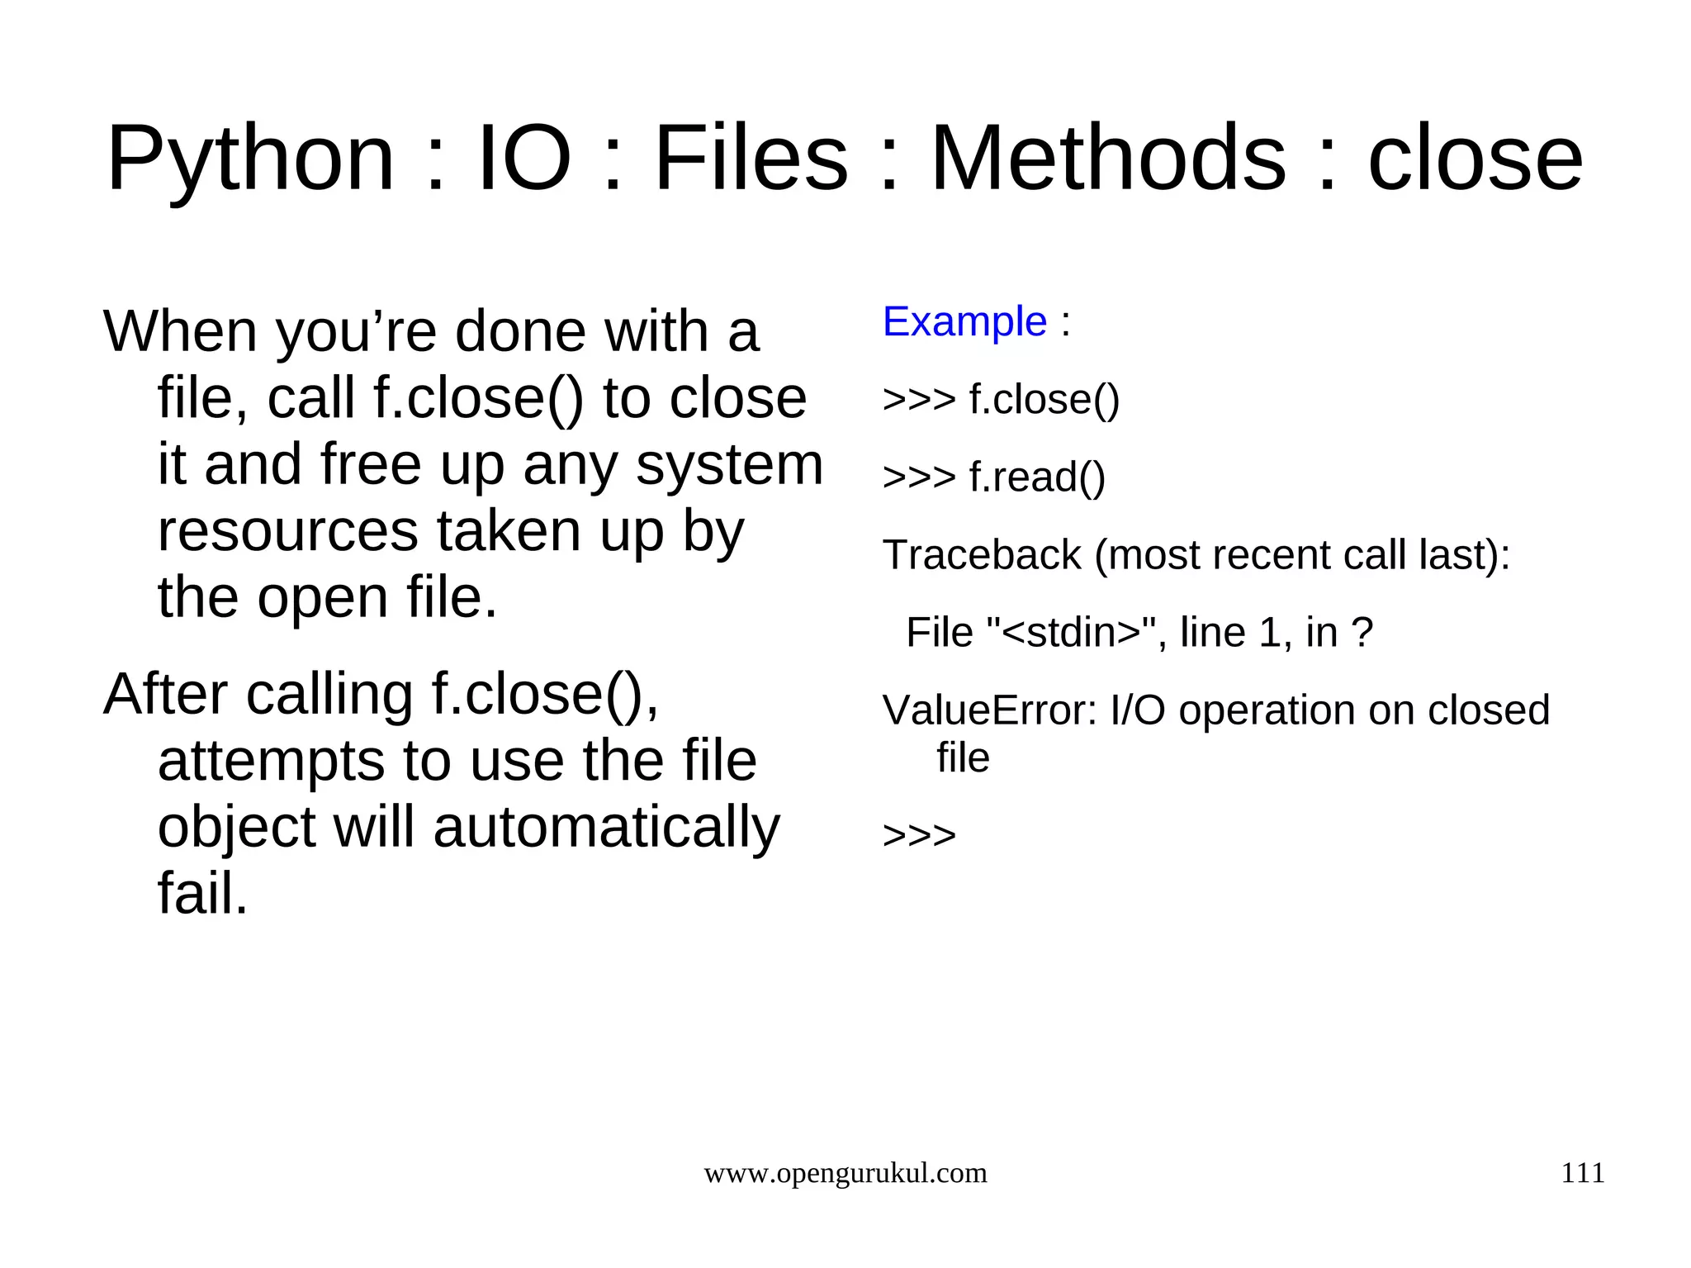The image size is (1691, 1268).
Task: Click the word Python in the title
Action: [250, 159]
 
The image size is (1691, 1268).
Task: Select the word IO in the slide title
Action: [524, 159]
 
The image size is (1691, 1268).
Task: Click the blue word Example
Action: [964, 321]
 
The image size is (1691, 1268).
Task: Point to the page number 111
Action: [1582, 1173]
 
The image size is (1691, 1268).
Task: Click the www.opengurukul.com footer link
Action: [845, 1173]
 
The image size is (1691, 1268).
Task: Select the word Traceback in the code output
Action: [981, 554]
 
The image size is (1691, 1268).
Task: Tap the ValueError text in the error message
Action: [989, 710]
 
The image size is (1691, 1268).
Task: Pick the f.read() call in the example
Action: [1036, 477]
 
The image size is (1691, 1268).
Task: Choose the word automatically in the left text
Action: [606, 827]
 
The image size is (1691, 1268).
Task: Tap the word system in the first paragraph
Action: [729, 464]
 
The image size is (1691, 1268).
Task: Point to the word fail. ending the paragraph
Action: [202, 894]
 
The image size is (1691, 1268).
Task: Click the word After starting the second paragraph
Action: [164, 694]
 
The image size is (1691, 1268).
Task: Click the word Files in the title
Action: [751, 159]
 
